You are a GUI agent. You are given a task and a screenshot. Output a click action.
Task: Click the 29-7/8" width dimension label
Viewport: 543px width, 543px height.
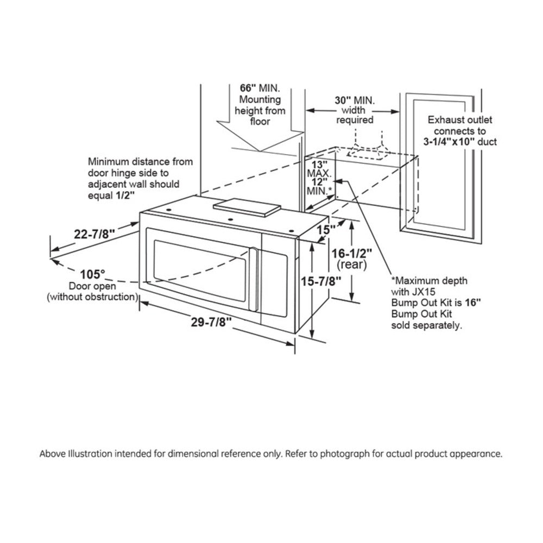coord(211,321)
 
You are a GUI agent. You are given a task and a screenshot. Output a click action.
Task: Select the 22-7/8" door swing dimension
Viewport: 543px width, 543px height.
coord(94,234)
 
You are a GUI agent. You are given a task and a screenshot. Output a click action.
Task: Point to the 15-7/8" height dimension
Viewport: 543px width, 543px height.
coord(321,281)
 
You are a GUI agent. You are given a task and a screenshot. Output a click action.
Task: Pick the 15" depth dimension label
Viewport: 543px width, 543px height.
coord(324,230)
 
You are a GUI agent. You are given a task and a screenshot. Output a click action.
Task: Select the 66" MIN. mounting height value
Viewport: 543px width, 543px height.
coord(251,88)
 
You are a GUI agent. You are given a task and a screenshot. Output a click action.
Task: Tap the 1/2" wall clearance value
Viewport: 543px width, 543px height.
coord(124,195)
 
